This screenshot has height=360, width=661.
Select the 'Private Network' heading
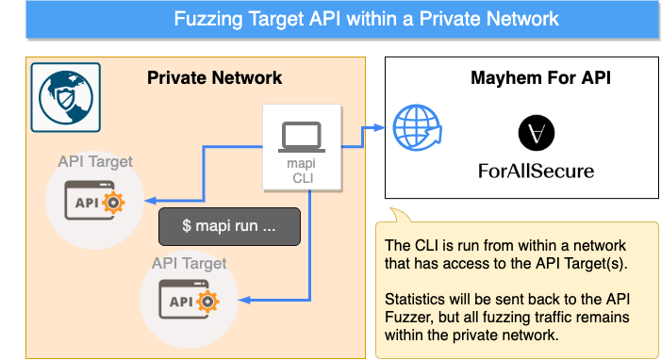click(x=214, y=77)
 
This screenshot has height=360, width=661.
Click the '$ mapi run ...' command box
click(x=228, y=227)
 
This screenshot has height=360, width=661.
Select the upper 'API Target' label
click(x=95, y=161)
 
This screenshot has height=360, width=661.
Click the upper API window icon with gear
click(x=94, y=202)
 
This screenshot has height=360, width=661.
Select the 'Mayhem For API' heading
click(x=540, y=78)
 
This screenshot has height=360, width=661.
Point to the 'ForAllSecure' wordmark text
click(x=537, y=172)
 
